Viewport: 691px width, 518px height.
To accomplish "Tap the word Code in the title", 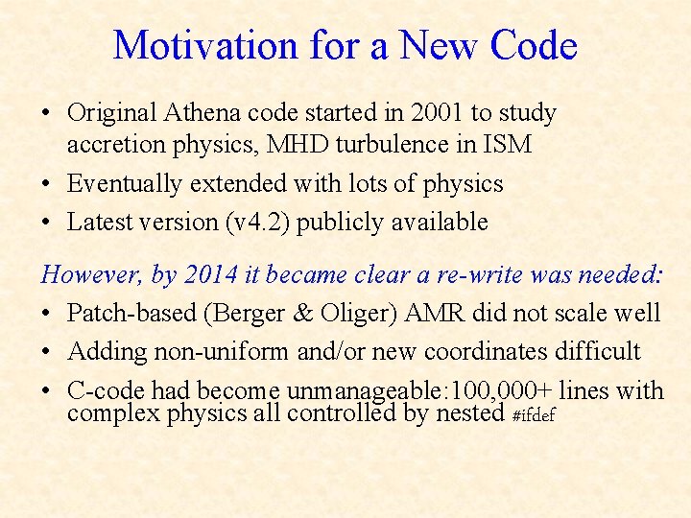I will [533, 45].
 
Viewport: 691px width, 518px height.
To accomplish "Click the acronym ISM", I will [507, 145].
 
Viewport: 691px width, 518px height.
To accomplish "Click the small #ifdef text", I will [534, 415].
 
